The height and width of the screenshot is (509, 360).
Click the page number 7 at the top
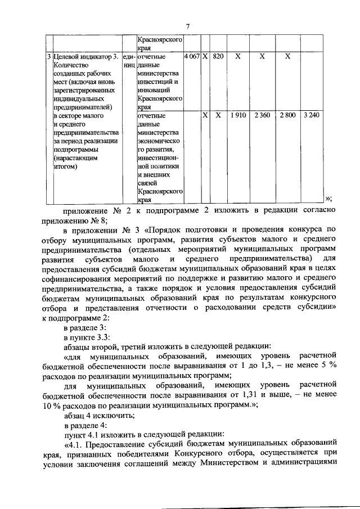tap(189, 25)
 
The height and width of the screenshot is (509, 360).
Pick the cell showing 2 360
tap(262, 115)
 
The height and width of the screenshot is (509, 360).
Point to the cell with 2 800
tap(287, 115)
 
